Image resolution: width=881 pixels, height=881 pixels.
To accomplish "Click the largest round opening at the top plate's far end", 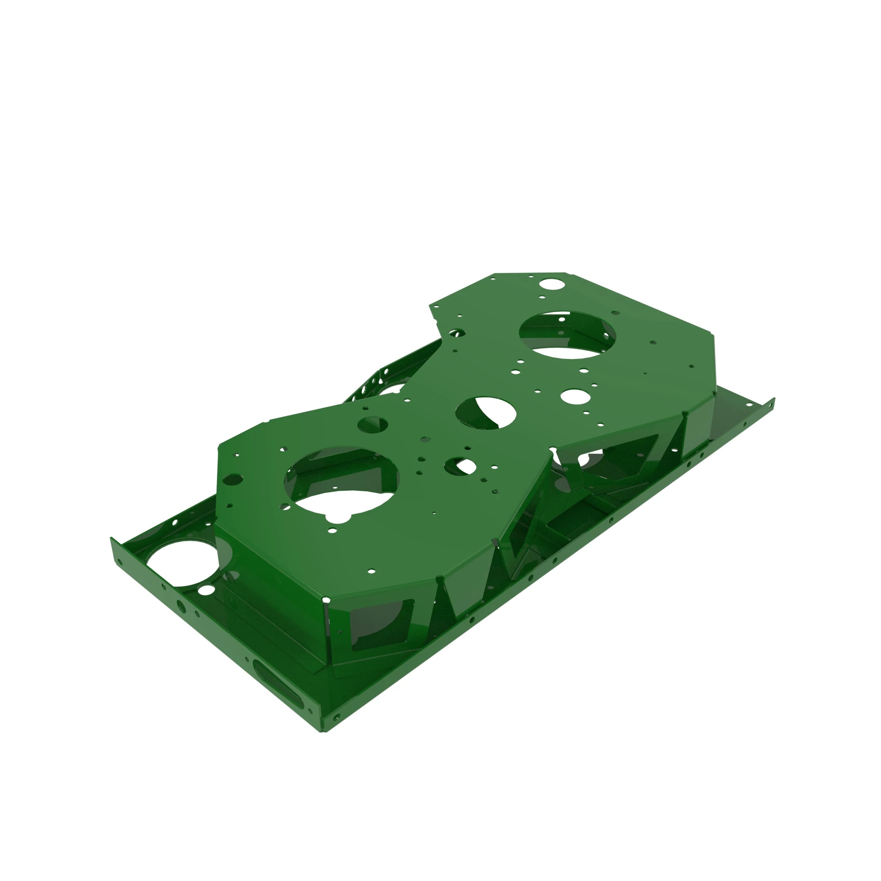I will pyautogui.click(x=567, y=335).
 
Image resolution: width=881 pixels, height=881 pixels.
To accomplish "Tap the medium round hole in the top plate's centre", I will pyautogui.click(x=485, y=413).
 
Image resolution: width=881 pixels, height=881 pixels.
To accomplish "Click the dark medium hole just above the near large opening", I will pyautogui.click(x=373, y=425).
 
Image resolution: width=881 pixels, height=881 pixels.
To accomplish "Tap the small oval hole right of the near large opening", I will pyautogui.click(x=460, y=466).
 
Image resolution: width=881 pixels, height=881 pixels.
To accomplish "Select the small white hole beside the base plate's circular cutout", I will pyautogui.click(x=207, y=590).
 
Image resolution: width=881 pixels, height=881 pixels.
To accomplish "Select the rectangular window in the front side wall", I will pyautogui.click(x=381, y=625).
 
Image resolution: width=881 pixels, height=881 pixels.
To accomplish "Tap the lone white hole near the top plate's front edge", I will pyautogui.click(x=372, y=570).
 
